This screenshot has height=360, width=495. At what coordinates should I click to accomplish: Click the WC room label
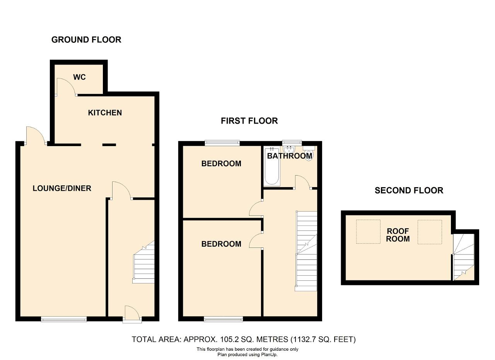[x=79, y=77]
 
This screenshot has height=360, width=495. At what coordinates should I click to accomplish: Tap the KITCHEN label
[x=105, y=113]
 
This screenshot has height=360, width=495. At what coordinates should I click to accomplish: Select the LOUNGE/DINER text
[x=62, y=188]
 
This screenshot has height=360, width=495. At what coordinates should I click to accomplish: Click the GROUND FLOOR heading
[x=86, y=40]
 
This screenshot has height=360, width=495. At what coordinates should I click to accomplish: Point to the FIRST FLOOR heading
[x=249, y=121]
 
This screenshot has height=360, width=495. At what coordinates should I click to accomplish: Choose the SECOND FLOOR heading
[x=409, y=191]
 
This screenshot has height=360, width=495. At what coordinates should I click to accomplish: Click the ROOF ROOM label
[x=398, y=235]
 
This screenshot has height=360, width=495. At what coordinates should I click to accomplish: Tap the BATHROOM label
[x=290, y=156]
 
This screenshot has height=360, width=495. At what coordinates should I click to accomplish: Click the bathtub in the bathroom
[x=272, y=166]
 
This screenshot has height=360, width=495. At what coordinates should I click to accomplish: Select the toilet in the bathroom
[x=309, y=153]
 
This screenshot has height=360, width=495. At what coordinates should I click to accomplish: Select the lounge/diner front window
[x=64, y=319]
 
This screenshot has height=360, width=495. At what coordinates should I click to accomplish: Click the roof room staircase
[x=464, y=257]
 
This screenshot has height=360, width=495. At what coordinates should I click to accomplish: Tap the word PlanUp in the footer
[x=270, y=355]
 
